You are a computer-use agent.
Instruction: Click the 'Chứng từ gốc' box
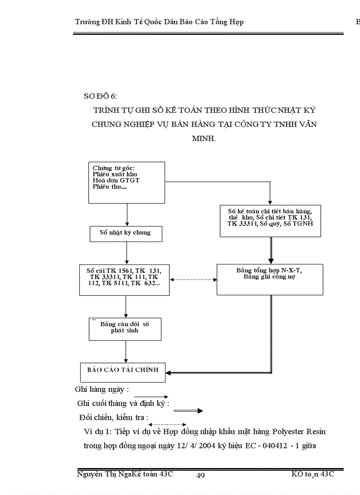(127, 182)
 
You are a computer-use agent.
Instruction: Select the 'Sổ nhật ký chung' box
(126, 234)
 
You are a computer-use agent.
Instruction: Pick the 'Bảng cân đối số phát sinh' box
(125, 328)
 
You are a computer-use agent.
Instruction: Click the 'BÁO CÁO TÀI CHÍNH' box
(123, 372)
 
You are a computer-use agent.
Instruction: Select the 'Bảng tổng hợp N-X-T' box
(270, 279)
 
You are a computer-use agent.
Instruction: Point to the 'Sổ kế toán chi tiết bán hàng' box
(270, 221)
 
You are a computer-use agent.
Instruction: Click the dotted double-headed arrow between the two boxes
(193, 279)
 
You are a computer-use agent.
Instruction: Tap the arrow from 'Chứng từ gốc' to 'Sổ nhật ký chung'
(127, 215)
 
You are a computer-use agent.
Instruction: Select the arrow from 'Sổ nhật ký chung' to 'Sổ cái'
(127, 253)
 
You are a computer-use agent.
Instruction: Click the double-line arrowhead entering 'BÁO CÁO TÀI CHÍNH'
(170, 372)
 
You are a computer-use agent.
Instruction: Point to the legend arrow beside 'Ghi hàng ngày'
(154, 397)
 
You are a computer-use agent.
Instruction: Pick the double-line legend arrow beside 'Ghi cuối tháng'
(188, 411)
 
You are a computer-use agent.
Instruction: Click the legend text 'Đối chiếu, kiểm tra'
(114, 417)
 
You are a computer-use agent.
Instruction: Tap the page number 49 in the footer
(200, 475)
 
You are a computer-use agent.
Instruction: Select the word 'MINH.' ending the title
(204, 138)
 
